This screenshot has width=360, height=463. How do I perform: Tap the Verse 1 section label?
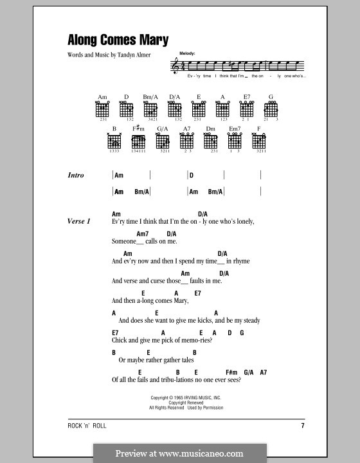(79, 221)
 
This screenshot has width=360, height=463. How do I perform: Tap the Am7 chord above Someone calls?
(143, 233)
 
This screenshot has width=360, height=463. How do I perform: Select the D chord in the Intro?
(191, 175)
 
